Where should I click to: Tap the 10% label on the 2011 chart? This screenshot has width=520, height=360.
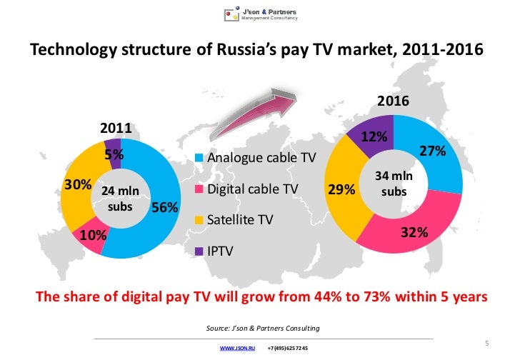coord(94,235)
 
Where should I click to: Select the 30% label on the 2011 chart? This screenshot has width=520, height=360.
coord(77,184)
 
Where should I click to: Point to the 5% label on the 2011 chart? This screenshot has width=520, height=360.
coord(114,154)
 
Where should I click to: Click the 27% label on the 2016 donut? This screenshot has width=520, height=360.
coord(432,151)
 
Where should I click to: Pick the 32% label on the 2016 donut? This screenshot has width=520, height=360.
coord(414,232)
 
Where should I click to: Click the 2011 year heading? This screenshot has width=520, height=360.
coord(114,129)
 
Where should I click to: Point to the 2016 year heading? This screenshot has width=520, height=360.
coord(394,101)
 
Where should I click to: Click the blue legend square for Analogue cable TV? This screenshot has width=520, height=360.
coord(199,158)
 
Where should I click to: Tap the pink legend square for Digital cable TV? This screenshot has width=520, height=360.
coord(199,189)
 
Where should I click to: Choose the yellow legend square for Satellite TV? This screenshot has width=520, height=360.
coord(199,220)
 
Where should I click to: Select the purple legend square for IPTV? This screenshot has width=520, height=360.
coord(199,251)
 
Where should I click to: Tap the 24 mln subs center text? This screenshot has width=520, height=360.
coord(119,199)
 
